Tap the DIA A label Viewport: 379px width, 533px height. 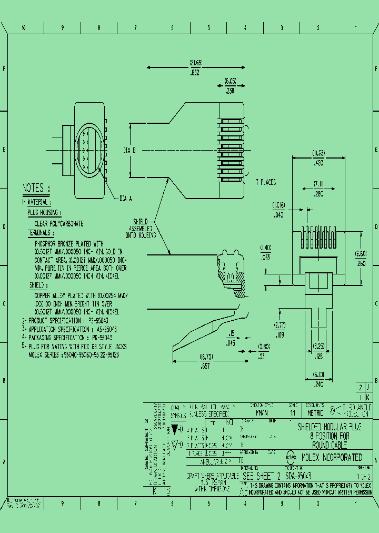coord(126,199)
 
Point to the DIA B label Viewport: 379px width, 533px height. coord(129,151)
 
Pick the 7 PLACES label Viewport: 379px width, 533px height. coord(266,182)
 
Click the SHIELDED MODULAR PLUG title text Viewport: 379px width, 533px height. coord(330,428)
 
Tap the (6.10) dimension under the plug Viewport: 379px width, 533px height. coord(318,375)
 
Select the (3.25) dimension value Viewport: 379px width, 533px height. coord(319,346)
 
